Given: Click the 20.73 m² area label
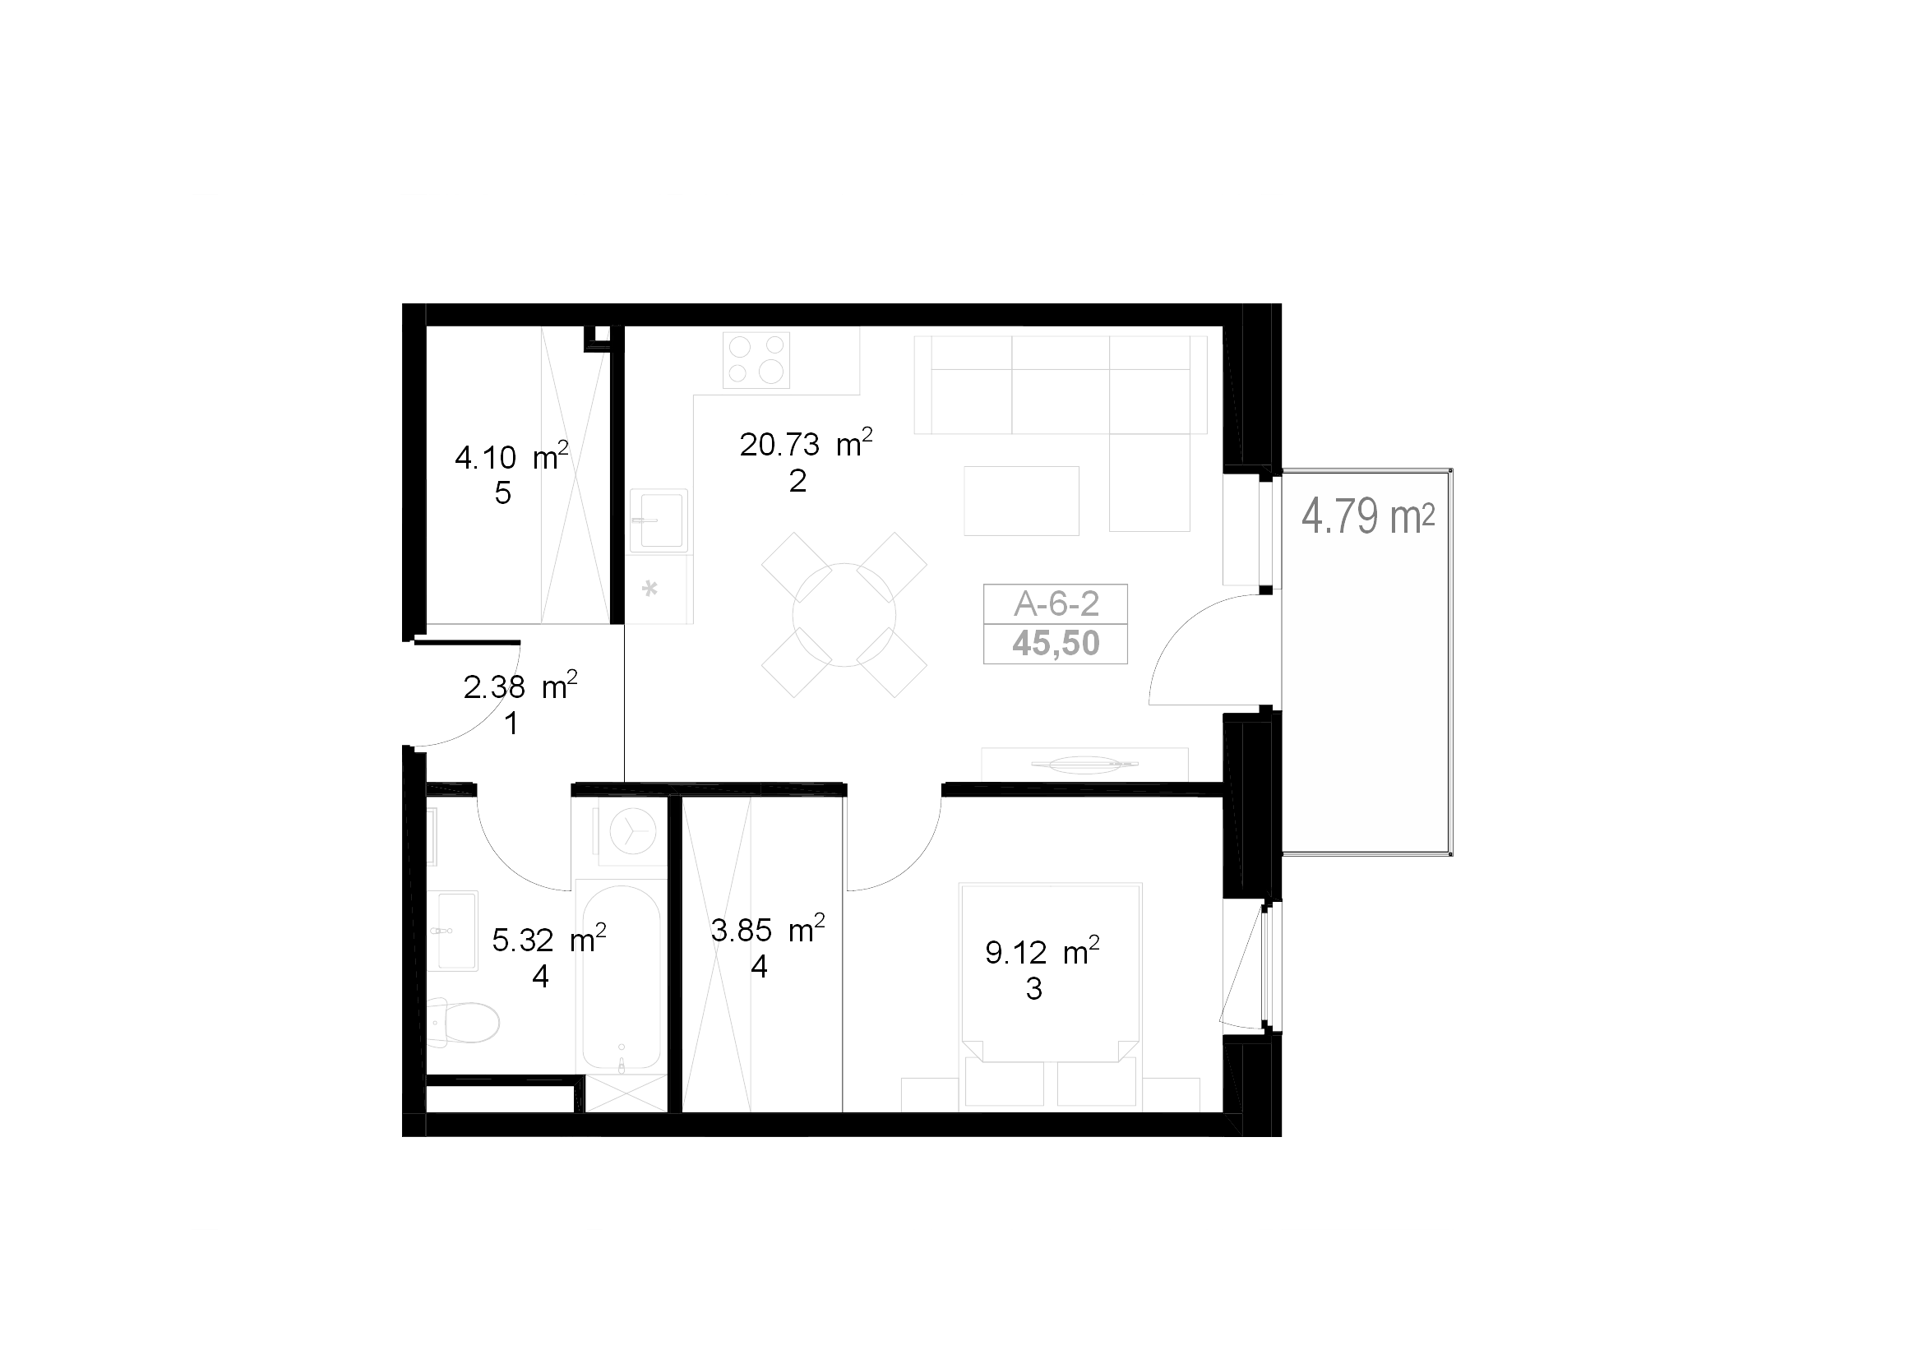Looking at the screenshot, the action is (806, 443).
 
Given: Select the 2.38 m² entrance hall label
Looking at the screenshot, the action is (520, 686).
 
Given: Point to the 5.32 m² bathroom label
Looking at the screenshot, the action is (548, 939).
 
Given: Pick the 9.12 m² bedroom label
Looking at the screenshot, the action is (1042, 951).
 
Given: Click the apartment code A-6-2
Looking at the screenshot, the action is (1056, 603).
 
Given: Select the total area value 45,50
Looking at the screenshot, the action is (1056, 643).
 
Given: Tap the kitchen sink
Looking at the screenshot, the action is (659, 520).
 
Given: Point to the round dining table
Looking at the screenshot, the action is (844, 615).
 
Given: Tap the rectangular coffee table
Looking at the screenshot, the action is (1021, 501).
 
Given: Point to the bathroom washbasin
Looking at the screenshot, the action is (453, 931).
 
